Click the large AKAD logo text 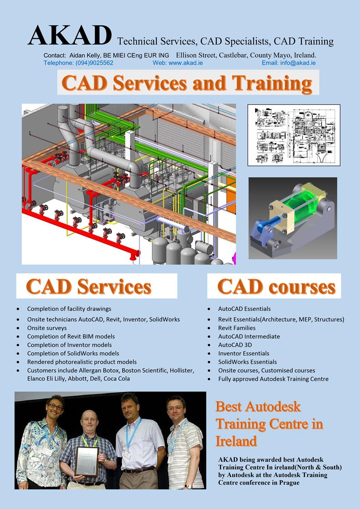pyautogui.click(x=70, y=35)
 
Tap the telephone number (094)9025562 pyautogui.click(x=94, y=63)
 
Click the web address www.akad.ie pyautogui.click(x=185, y=63)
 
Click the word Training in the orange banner pyautogui.click(x=272, y=84)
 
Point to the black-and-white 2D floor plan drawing pyautogui.click(x=294, y=135)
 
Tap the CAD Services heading pyautogui.click(x=89, y=286)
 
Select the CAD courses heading pyautogui.click(x=276, y=286)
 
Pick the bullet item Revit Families pyautogui.click(x=237, y=328)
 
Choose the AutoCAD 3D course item pyautogui.click(x=235, y=345)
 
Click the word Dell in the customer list pyautogui.click(x=96, y=379)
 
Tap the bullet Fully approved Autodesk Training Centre pyautogui.click(x=273, y=379)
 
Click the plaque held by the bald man pyautogui.click(x=87, y=461)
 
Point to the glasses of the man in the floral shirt pyautogui.click(x=55, y=406)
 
